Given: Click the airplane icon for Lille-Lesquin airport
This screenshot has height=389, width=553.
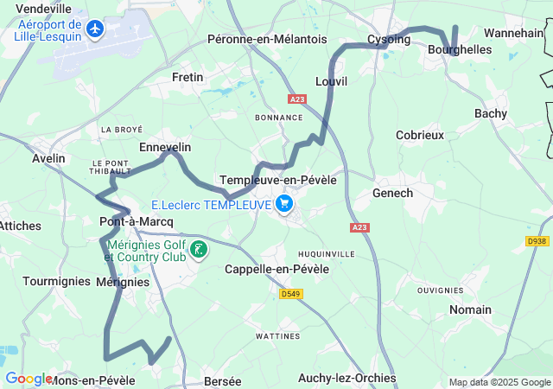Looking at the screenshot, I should [x=94, y=30].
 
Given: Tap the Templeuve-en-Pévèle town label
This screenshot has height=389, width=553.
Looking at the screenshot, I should [x=278, y=180].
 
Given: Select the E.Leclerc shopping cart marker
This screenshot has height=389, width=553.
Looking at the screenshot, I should [x=285, y=205].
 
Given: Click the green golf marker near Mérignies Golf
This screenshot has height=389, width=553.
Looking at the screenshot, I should [x=200, y=251].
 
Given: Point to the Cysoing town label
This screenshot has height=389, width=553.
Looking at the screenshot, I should [x=389, y=40].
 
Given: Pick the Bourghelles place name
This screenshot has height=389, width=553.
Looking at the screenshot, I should [x=459, y=50].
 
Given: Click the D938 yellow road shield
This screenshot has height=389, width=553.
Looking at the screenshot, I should [x=537, y=240].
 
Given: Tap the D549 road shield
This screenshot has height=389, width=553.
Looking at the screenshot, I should [x=291, y=294].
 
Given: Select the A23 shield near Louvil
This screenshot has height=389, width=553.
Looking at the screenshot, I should [x=297, y=99].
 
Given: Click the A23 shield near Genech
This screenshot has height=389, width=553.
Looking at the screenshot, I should [x=359, y=227].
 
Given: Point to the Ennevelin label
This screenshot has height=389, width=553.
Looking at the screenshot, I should [x=165, y=147].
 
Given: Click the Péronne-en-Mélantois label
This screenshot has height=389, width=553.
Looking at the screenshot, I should [x=267, y=40].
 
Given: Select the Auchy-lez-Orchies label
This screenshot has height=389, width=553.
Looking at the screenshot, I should [x=346, y=378].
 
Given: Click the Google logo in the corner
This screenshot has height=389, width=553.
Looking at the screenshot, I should [x=28, y=379].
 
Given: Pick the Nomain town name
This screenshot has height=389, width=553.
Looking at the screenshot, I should [x=470, y=309].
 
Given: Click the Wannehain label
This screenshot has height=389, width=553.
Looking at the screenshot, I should [x=513, y=33].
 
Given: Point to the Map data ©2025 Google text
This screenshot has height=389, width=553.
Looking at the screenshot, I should [x=500, y=383].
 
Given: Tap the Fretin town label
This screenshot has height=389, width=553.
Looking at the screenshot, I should [x=188, y=77].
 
